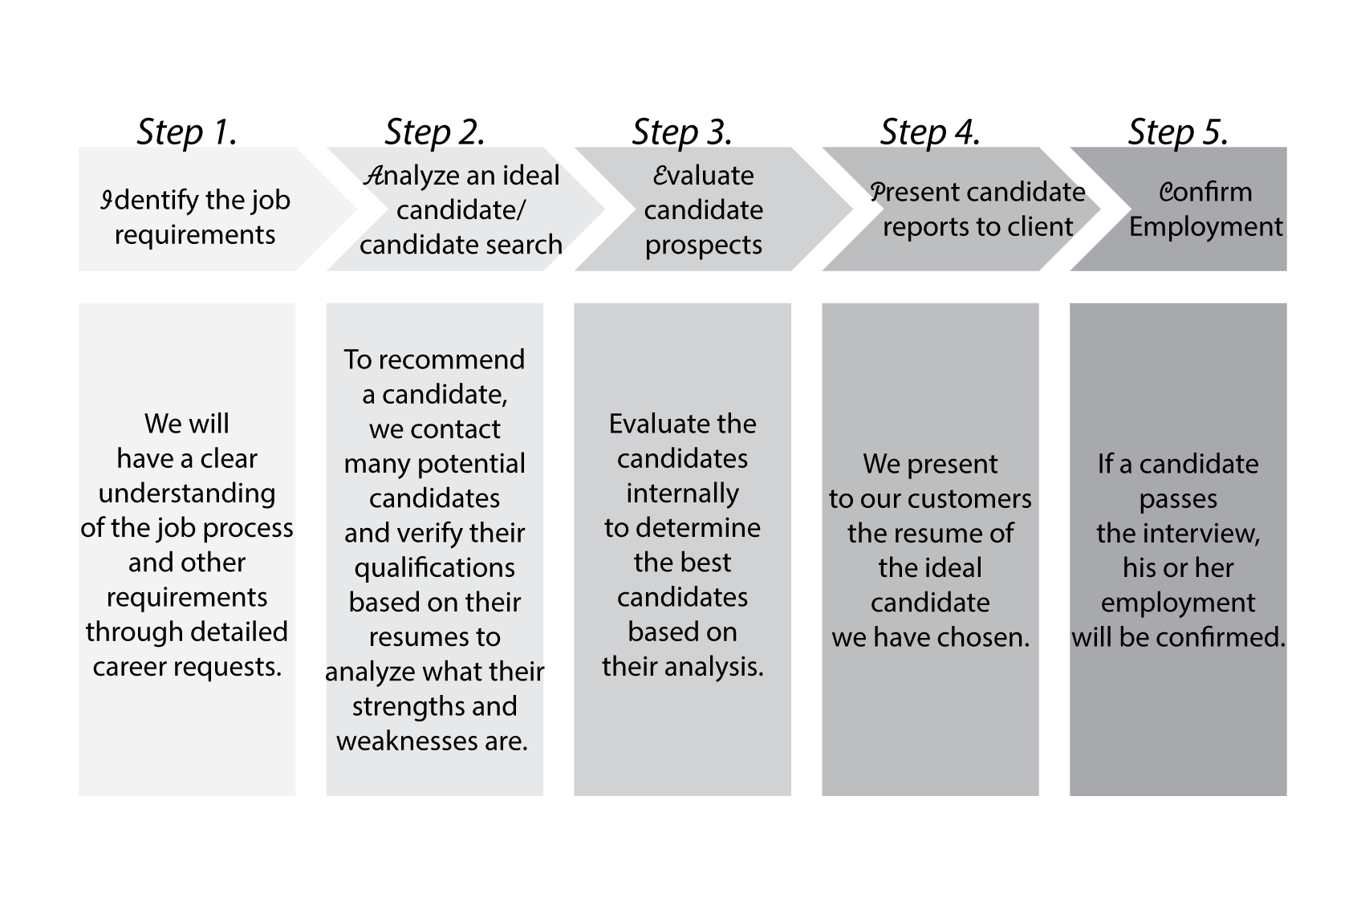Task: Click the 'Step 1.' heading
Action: click(187, 132)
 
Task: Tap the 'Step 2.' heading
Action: click(435, 132)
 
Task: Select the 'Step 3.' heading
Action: click(682, 132)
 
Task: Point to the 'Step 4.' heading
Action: click(930, 132)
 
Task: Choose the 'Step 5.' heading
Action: click(1178, 132)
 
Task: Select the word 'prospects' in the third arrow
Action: click(704, 245)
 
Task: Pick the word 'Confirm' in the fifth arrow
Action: click(1205, 193)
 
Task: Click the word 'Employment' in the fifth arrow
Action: click(1206, 227)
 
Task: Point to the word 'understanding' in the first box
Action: click(187, 493)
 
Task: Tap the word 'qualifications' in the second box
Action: click(435, 568)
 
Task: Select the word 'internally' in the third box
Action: click(682, 493)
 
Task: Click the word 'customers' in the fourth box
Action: click(972, 499)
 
